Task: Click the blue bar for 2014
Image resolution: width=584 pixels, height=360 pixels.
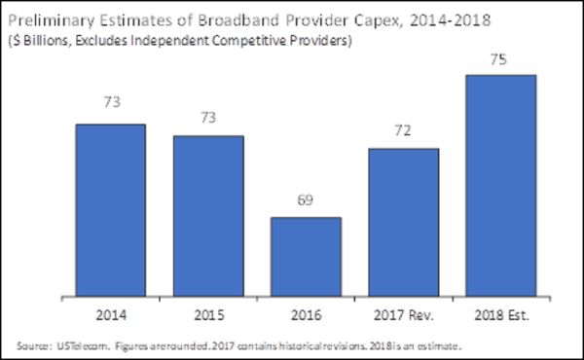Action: tap(111, 208)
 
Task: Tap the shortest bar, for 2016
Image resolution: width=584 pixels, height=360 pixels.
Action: tap(306, 255)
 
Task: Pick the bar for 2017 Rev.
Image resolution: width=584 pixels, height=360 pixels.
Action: tap(403, 221)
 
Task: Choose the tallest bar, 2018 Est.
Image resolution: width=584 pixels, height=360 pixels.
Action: tap(500, 184)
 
